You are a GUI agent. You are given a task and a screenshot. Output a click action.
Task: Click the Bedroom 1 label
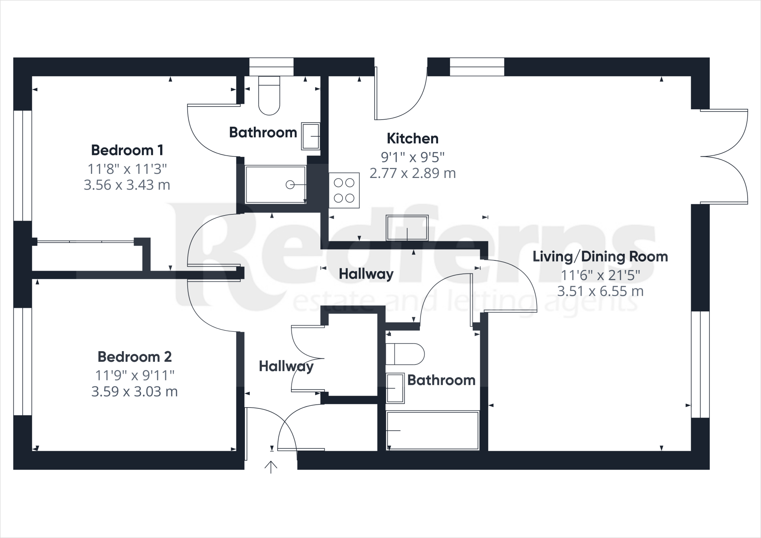127,150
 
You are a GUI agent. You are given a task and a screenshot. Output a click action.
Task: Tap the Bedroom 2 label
135,357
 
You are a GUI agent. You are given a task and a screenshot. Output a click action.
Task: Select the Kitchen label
412,139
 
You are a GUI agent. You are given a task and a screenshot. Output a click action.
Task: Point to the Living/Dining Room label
600,257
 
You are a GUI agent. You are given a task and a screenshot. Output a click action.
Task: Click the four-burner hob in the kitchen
344,190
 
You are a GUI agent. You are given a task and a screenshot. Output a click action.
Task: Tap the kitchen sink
407,228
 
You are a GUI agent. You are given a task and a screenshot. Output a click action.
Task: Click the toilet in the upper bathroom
269,95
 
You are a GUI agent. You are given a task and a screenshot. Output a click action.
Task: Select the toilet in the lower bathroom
405,354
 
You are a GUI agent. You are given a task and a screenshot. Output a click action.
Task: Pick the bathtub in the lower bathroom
433,431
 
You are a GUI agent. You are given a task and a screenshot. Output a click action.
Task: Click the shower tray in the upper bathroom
275,185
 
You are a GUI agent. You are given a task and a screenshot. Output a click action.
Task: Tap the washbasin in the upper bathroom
311,136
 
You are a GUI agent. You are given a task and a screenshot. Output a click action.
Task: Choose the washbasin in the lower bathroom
395,388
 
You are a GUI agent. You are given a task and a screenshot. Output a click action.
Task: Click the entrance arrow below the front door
271,467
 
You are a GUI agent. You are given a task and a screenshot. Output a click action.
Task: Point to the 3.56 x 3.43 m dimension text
127,185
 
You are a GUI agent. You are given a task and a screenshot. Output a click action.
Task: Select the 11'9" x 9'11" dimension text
135,376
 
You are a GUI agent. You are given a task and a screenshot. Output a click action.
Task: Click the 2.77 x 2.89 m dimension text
412,174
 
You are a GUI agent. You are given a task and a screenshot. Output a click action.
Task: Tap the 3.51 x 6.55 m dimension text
600,291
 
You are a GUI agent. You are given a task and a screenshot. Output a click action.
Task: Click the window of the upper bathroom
271,67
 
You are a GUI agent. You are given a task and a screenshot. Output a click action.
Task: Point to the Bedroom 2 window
23,362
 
